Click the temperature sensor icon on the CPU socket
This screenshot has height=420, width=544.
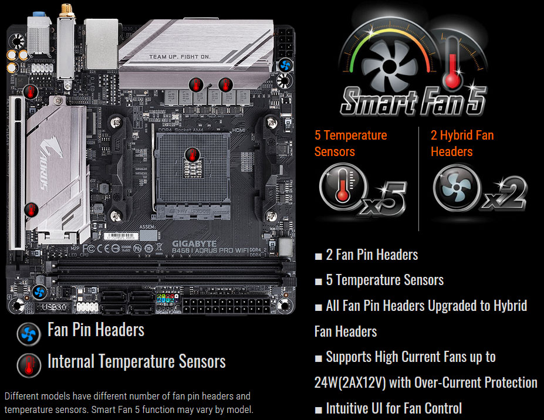pyautogui.click(x=191, y=155)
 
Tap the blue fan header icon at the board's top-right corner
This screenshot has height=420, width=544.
pyautogui.click(x=286, y=64)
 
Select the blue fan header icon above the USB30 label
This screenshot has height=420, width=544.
pyautogui.click(x=40, y=292)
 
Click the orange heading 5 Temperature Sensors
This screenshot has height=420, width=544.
pyautogui.click(x=350, y=143)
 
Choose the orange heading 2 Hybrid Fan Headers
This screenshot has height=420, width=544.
pyautogui.click(x=462, y=143)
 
